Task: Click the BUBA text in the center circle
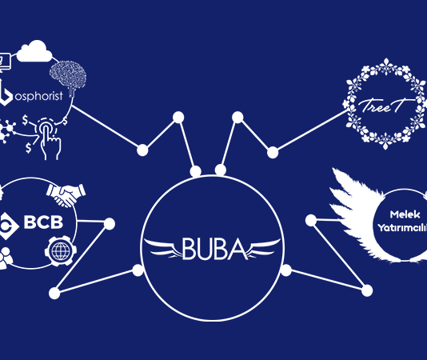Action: pos(214,248)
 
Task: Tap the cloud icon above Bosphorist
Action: pos(34,51)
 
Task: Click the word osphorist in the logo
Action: pos(39,96)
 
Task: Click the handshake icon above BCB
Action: pos(66,195)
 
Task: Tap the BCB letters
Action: pos(43,222)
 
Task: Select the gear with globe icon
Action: pos(61,251)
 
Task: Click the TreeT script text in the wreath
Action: pos(384,106)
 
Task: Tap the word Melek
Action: pos(405,214)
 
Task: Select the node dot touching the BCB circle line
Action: pos(110,224)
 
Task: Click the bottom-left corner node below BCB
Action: pos(54,294)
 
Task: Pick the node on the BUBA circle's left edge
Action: pos(138,270)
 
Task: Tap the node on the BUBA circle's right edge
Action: pos(286,270)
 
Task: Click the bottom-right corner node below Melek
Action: pos(367,290)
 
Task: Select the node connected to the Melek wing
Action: pos(311,220)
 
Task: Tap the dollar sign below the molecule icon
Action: pos(28,148)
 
